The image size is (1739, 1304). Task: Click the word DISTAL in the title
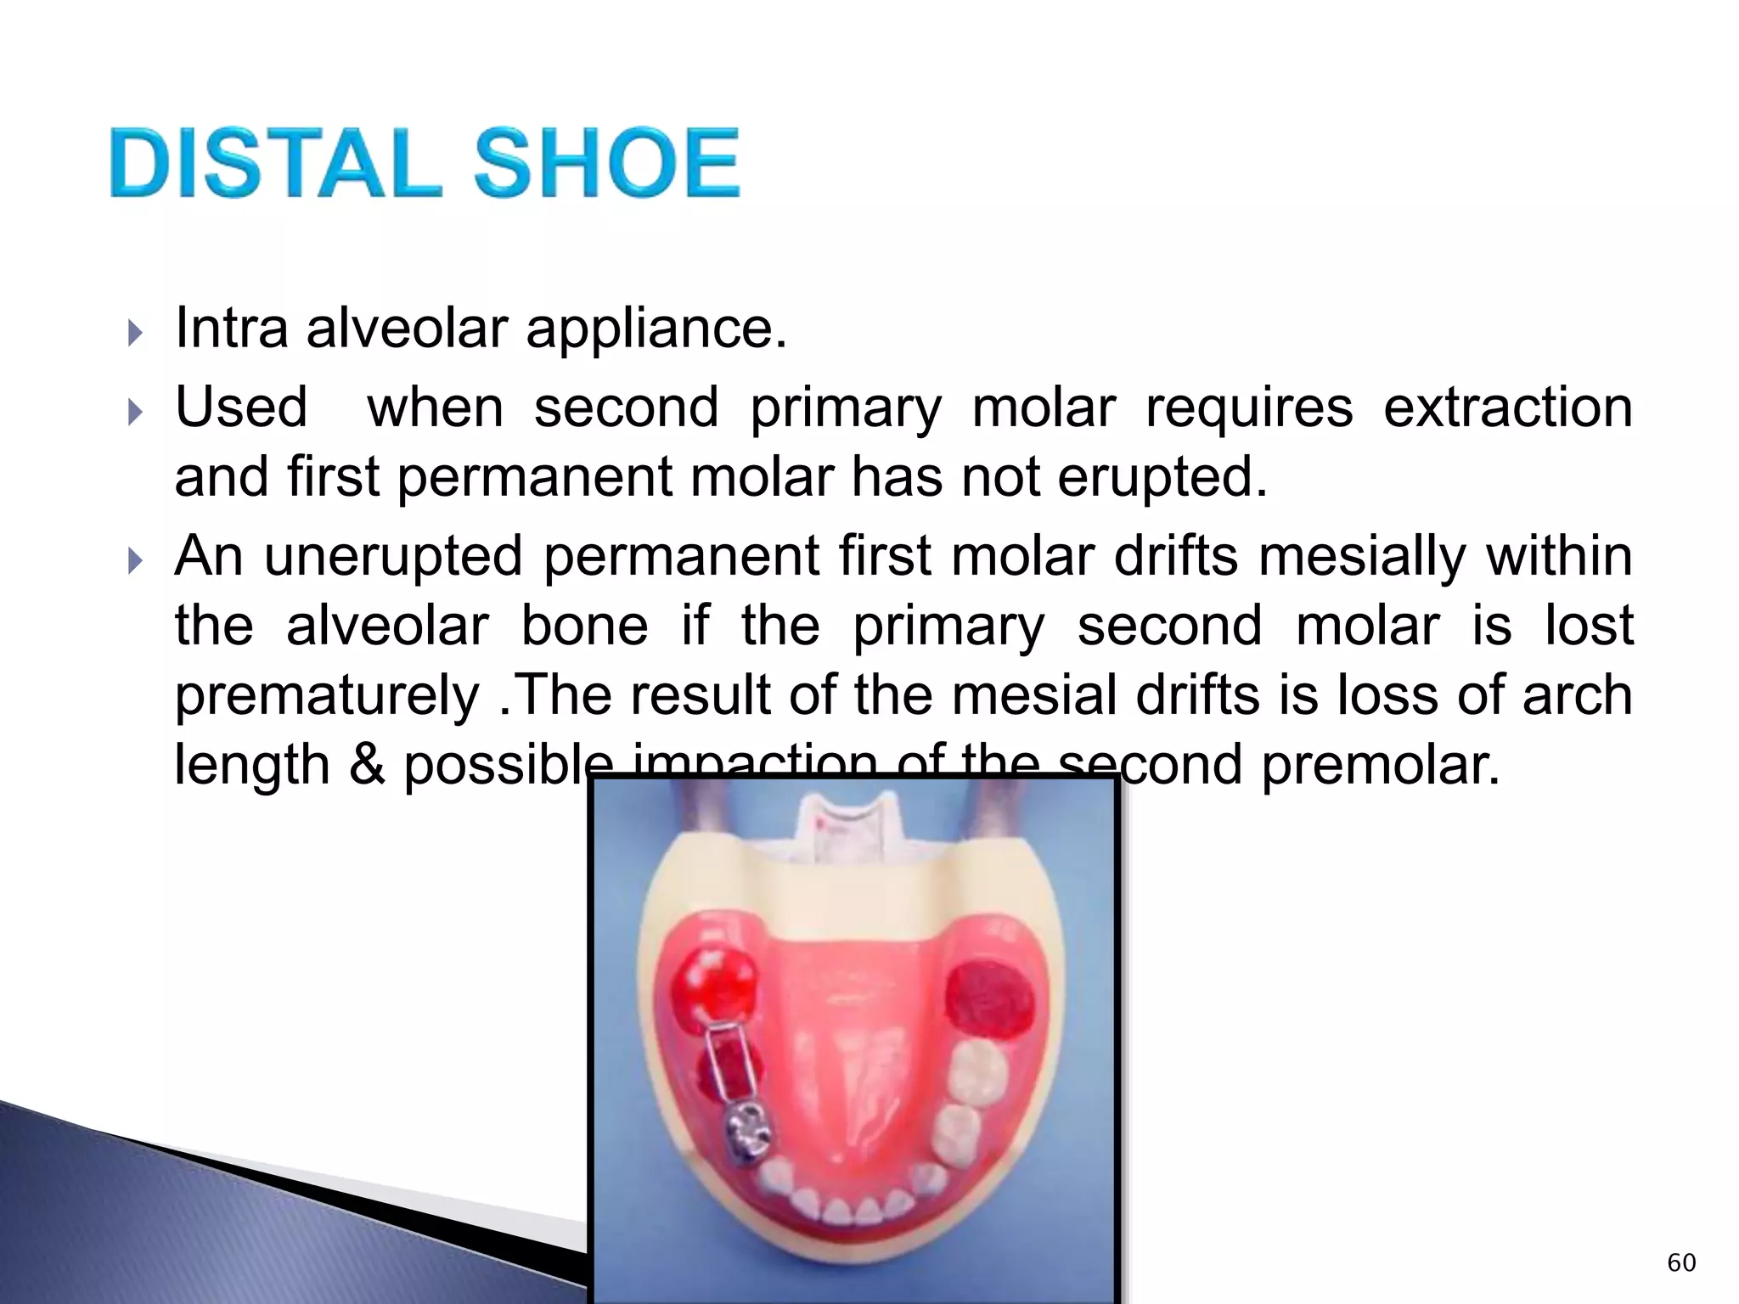[x=276, y=163]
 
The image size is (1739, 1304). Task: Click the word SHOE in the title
[x=606, y=163]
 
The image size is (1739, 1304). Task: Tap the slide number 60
[x=1681, y=1262]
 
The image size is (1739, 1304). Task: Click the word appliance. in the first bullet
[x=656, y=329]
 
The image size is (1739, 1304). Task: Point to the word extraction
[x=1507, y=407]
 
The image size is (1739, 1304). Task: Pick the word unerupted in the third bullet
[x=393, y=557]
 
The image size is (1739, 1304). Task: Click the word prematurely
[x=327, y=696]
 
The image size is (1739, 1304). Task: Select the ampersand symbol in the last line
[x=367, y=765]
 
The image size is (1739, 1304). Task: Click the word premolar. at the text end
[x=1381, y=765]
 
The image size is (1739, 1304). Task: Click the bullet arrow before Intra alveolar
[x=134, y=333]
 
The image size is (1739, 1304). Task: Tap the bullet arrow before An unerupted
[x=134, y=561]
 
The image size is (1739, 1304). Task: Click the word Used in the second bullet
[x=241, y=407]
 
